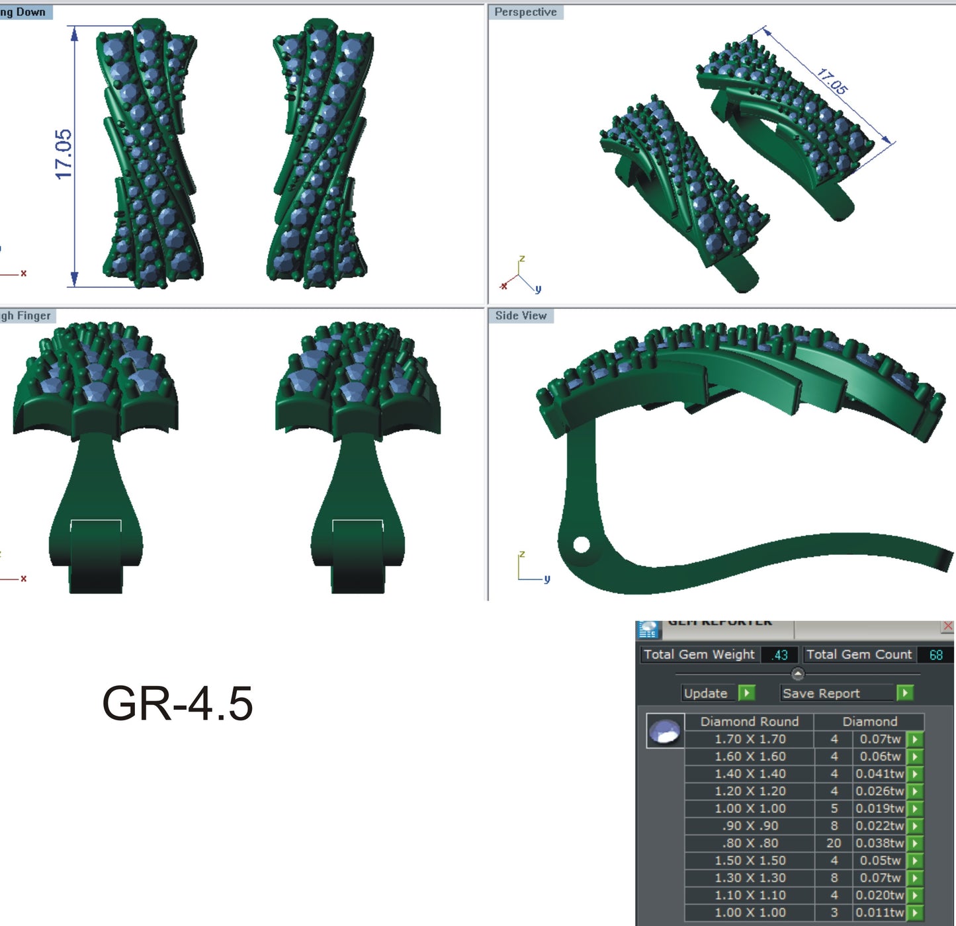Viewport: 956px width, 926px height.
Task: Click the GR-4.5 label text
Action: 177,703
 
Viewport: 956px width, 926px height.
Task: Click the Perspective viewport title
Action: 525,12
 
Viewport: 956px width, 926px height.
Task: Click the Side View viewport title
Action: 521,316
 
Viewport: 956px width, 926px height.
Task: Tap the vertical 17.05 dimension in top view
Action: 64,154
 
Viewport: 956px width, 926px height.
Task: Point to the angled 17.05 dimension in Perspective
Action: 832,81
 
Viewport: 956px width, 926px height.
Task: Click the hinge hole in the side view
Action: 581,544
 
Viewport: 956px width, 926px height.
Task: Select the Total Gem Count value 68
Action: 935,655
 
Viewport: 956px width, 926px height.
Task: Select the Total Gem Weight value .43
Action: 779,655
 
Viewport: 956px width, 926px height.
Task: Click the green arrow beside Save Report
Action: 904,693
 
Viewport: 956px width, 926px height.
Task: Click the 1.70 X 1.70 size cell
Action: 750,739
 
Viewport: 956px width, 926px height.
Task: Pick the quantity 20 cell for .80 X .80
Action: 834,843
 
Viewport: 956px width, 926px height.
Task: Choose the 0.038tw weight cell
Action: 879,843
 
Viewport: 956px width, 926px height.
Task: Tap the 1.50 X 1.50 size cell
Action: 750,861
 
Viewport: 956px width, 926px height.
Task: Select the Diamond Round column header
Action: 749,722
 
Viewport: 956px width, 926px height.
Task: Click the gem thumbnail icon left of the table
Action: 665,732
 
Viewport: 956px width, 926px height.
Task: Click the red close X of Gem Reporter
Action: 947,626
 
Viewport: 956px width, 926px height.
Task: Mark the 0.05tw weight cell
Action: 880,861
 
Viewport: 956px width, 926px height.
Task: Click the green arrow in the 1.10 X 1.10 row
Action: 914,895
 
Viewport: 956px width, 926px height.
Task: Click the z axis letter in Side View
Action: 522,554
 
